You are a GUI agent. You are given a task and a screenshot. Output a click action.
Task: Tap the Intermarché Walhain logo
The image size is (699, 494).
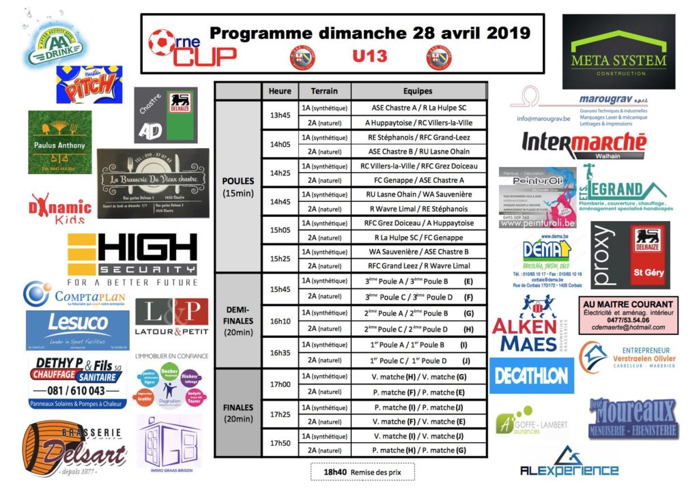pyautogui.click(x=584, y=145)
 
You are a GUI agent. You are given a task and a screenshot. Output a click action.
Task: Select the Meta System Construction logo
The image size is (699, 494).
pyautogui.click(x=618, y=52)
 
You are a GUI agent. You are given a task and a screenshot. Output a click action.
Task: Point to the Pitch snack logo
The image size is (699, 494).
pyautogui.click(x=89, y=85)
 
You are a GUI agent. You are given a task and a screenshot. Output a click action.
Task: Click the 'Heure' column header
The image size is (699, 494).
pyautogui.click(x=280, y=91)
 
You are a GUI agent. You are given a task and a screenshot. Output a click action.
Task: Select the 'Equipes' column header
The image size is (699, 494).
pyautogui.click(x=418, y=91)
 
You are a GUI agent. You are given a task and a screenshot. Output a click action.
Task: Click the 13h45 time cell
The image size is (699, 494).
pyautogui.click(x=280, y=115)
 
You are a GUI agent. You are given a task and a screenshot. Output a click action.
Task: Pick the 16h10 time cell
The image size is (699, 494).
pyautogui.click(x=280, y=320)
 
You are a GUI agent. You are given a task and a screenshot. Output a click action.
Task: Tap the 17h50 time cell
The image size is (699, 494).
pyautogui.click(x=280, y=443)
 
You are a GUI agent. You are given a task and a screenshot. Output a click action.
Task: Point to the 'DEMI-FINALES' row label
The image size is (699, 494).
pyautogui.click(x=238, y=320)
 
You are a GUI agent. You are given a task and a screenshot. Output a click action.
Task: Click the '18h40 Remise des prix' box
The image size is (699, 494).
pyautogui.click(x=362, y=471)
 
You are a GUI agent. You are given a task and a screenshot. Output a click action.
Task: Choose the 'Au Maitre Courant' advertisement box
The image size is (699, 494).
pyautogui.click(x=629, y=315)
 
